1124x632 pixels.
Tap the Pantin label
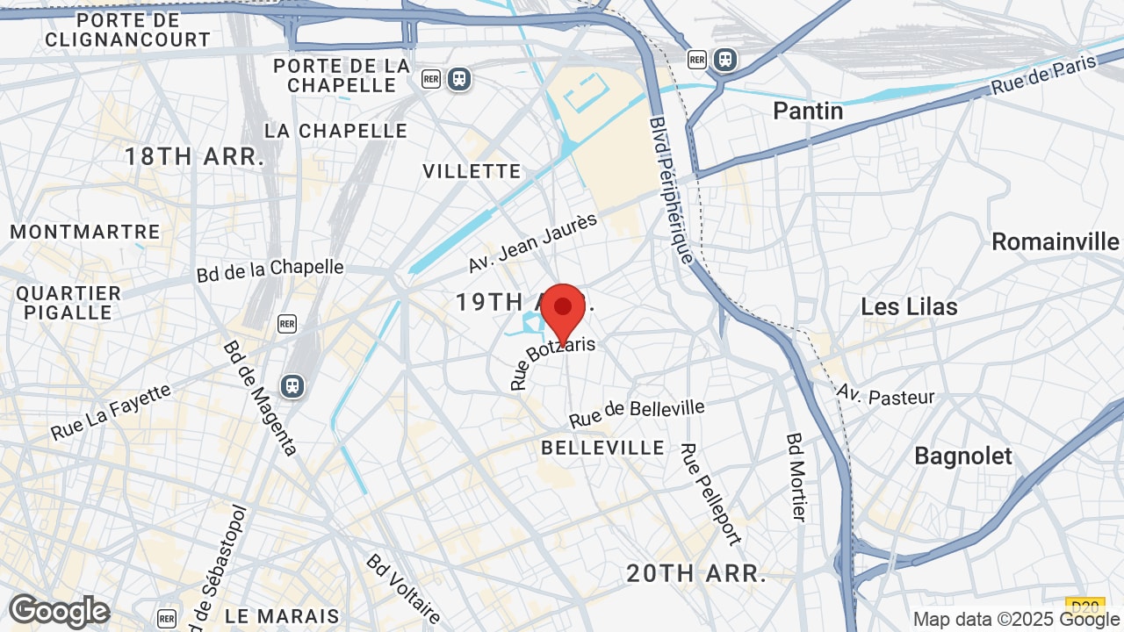point(807,111)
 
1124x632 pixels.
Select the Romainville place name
point(1056,241)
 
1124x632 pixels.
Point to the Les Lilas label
point(909,306)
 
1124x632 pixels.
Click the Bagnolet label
point(963,456)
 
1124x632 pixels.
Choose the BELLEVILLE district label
point(602,448)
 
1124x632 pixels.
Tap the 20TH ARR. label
point(696,573)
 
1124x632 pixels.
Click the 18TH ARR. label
point(194,157)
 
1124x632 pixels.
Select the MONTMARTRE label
point(85,232)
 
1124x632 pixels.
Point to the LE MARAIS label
point(282,615)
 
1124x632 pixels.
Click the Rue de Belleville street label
point(637,413)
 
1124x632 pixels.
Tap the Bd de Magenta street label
point(259,398)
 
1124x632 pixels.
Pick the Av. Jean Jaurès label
point(532,242)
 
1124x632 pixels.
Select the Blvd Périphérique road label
point(672,190)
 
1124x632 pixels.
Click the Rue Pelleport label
point(711,493)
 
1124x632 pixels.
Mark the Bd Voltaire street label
point(404,588)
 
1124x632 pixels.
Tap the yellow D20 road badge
point(1084,605)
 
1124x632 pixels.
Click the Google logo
point(59,611)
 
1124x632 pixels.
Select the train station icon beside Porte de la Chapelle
point(459,79)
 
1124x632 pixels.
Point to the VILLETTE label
point(472,170)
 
